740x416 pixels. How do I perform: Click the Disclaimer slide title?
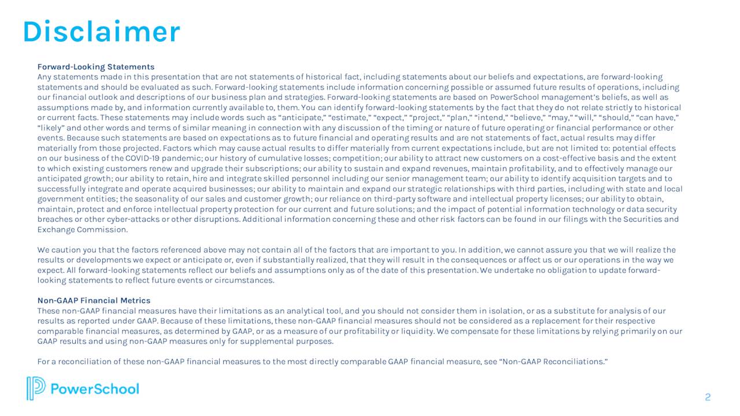[x=101, y=32]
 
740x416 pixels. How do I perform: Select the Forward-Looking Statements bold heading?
[x=96, y=67]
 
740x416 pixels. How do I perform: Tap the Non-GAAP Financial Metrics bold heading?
[x=94, y=300]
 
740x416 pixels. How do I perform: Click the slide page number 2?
[x=708, y=397]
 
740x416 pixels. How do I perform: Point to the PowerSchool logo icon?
[x=35, y=388]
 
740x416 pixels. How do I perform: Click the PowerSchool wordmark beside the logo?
[x=95, y=389]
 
